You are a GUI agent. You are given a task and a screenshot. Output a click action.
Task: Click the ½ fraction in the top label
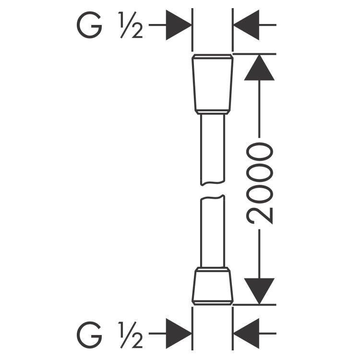[x=131, y=25]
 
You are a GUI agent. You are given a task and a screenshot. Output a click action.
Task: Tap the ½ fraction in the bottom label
[x=131, y=335]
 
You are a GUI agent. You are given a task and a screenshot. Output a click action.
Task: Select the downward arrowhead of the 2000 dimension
[x=259, y=291]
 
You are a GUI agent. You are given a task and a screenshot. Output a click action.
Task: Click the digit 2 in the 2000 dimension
[x=259, y=216]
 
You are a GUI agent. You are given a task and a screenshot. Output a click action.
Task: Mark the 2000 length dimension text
[x=259, y=183]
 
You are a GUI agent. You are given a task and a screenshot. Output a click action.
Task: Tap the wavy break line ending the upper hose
[x=213, y=183]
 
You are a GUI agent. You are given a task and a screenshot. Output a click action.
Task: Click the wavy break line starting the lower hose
[x=213, y=197]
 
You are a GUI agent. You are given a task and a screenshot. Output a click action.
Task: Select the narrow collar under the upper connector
[x=212, y=112]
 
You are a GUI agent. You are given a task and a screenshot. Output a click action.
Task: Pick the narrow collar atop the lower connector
[x=212, y=269]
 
